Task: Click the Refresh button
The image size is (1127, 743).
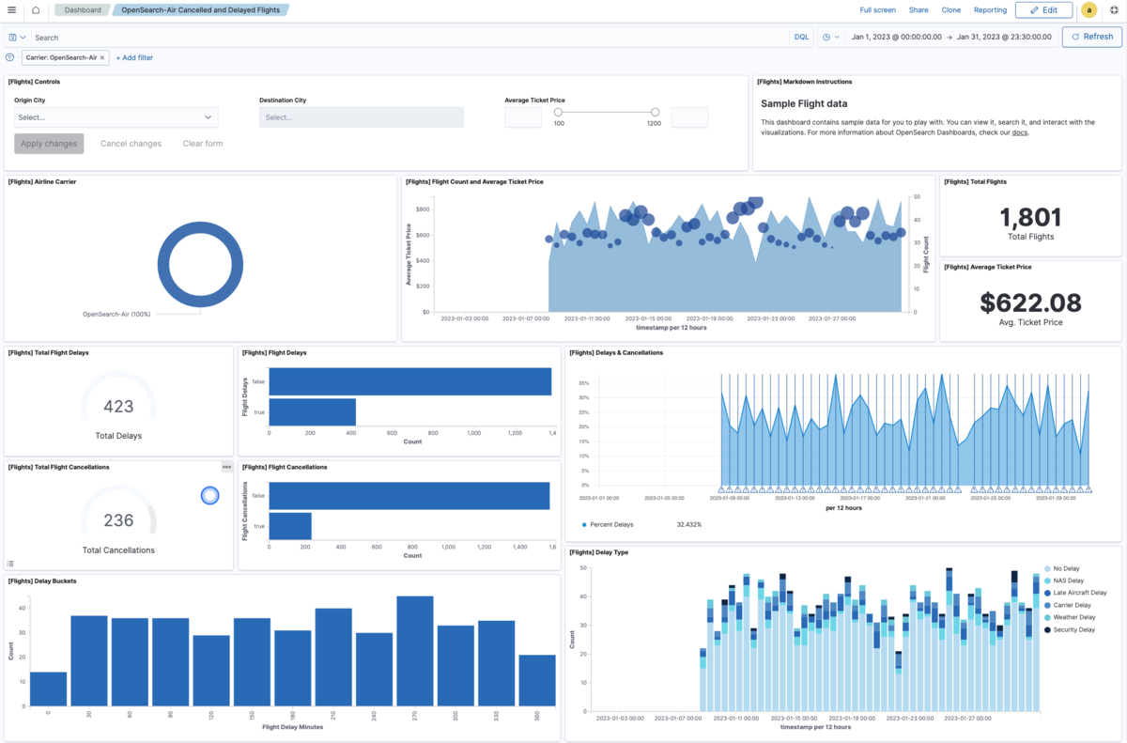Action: click(x=1091, y=37)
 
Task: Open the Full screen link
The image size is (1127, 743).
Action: click(x=877, y=10)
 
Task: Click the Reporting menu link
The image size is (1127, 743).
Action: click(x=990, y=10)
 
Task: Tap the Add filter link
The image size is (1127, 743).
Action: click(x=134, y=57)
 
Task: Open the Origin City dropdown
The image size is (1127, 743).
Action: click(x=116, y=117)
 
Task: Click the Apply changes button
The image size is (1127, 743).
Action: click(x=49, y=144)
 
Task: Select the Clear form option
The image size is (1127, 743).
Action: click(x=203, y=144)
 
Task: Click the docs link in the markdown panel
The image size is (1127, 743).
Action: click(x=1019, y=133)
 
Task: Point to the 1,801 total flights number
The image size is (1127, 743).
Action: click(x=1030, y=218)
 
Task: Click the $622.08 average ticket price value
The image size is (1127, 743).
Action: click(x=1030, y=302)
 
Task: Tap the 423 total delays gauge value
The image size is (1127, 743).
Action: click(x=118, y=407)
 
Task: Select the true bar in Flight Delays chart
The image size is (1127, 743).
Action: click(x=312, y=412)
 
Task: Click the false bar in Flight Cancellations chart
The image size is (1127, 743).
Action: click(x=409, y=496)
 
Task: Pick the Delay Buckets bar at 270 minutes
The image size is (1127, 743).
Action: click(x=414, y=650)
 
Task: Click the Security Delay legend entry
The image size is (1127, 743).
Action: click(x=1073, y=629)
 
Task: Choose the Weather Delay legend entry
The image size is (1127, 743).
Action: click(x=1073, y=617)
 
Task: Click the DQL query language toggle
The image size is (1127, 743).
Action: click(x=801, y=37)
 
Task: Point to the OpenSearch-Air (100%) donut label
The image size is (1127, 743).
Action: click(x=116, y=314)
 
